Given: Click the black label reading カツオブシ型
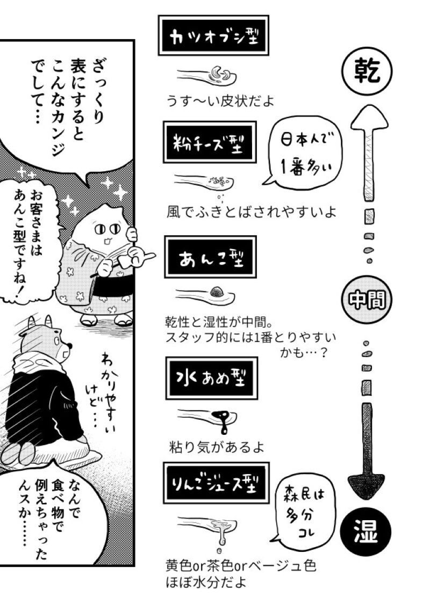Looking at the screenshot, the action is point(213,35).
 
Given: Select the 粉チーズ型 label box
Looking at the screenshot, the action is point(210,142).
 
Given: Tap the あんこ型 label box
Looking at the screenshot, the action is point(211,257).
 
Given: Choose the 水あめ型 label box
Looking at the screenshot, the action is point(211,378).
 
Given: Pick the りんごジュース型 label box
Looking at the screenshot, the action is point(217,483).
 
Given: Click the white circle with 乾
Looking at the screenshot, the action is point(367,72).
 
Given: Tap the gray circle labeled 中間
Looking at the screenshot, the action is point(367,300).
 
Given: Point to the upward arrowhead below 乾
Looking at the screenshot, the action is point(369,118).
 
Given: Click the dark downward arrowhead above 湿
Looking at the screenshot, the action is point(366,486).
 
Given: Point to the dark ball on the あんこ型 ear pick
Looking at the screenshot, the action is point(217,291).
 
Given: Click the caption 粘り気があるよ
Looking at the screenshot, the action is point(217,448).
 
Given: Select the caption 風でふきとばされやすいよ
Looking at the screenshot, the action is point(252,212).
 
